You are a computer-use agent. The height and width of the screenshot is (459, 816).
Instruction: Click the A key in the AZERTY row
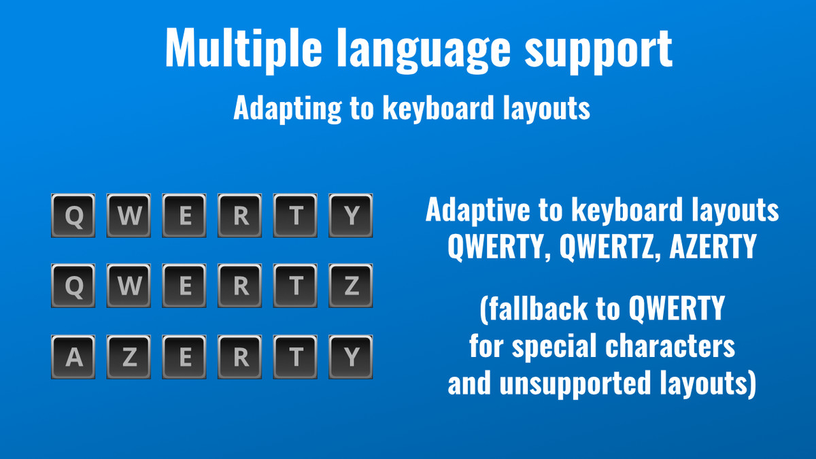coord(73,358)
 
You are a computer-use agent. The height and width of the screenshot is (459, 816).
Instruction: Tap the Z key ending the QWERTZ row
coord(351,287)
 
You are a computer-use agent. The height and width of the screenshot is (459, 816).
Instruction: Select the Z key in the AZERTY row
coord(129,358)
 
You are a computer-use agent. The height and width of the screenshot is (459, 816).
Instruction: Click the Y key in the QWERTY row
coord(351,216)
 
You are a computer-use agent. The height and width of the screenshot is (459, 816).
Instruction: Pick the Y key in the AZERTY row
coord(351,358)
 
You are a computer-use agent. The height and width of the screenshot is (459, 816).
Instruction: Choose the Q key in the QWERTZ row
coord(73,287)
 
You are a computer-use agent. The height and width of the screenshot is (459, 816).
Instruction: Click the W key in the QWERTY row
coord(129,216)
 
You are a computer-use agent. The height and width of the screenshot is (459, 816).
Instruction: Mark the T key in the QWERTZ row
coord(296,287)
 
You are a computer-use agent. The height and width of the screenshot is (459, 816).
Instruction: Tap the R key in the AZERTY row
coord(240,358)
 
